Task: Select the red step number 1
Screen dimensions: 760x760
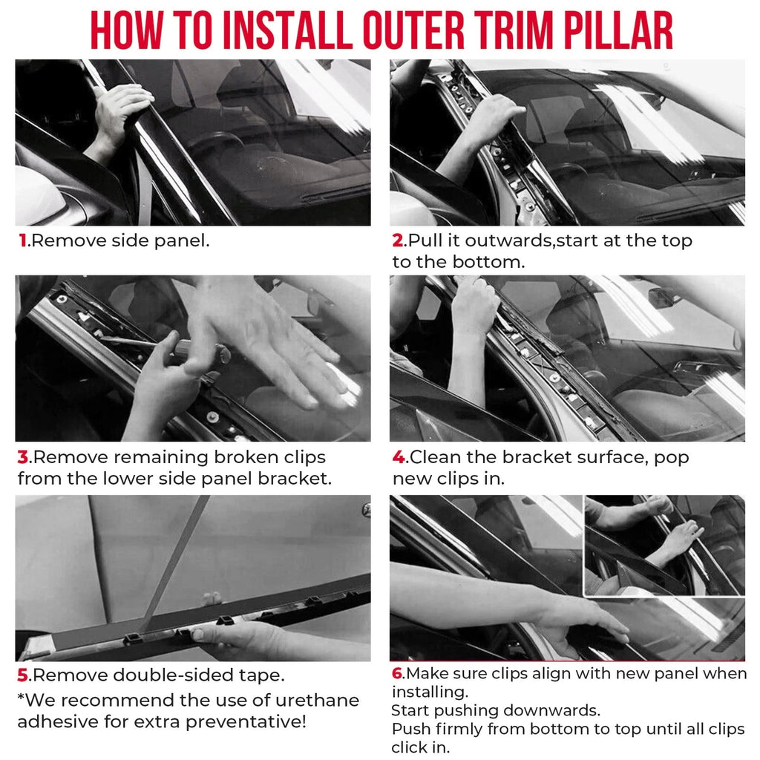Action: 22,241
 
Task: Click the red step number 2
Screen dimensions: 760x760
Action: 399,241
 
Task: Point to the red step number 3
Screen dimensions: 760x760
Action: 23,457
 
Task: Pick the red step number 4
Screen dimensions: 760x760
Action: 399,457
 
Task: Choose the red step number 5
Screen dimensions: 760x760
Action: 23,675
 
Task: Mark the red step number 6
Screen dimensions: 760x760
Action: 398,673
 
